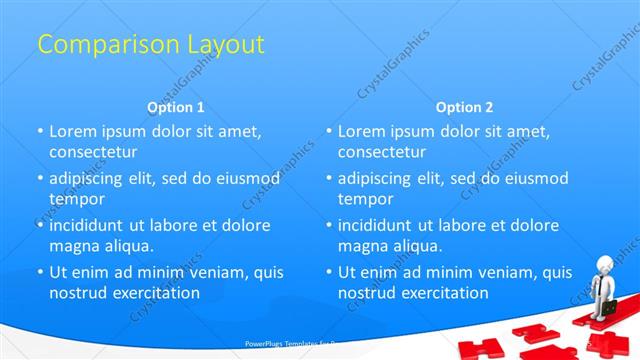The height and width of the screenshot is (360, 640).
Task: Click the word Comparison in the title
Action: pyautogui.click(x=100, y=44)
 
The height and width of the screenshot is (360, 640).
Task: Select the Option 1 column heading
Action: pyautogui.click(x=176, y=107)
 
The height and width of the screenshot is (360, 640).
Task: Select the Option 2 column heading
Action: pyautogui.click(x=465, y=107)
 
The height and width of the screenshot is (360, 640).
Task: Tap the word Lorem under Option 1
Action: pyautogui.click(x=72, y=131)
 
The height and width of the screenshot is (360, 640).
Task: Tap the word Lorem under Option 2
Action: pyautogui.click(x=361, y=131)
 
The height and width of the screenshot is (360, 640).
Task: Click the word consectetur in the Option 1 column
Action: pyautogui.click(x=93, y=152)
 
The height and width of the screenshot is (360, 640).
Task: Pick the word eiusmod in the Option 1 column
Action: pyautogui.click(x=246, y=178)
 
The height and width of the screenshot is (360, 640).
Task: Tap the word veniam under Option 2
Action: pyautogui.click(x=499, y=272)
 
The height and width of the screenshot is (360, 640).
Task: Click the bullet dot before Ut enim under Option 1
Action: pyautogui.click(x=41, y=272)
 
